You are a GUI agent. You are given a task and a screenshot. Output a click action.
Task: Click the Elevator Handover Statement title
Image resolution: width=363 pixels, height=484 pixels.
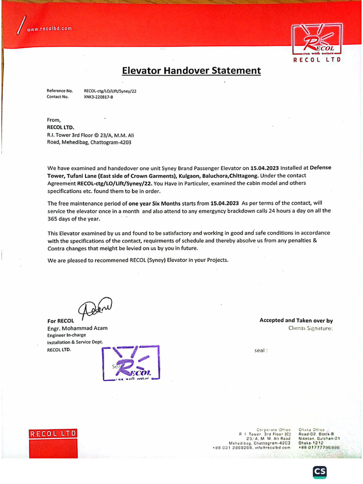click(x=191, y=71)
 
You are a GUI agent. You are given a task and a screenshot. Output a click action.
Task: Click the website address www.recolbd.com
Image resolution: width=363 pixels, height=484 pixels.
click(x=49, y=28)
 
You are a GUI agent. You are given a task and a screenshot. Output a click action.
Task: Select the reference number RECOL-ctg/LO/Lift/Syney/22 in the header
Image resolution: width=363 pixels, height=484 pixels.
click(x=110, y=90)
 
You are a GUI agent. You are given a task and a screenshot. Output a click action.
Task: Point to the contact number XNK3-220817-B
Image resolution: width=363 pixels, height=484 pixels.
click(x=98, y=96)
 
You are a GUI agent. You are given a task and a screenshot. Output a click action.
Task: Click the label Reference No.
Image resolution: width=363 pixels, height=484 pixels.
click(x=60, y=90)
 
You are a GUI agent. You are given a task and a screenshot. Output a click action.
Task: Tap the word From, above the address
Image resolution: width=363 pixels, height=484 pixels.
click(x=54, y=120)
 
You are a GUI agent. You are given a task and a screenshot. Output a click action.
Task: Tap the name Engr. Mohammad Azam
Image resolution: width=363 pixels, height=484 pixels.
click(x=77, y=328)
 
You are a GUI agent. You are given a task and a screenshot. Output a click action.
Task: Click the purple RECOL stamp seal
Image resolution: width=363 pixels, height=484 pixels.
click(x=131, y=363)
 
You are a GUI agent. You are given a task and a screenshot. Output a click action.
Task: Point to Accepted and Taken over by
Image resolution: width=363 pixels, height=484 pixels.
click(x=296, y=320)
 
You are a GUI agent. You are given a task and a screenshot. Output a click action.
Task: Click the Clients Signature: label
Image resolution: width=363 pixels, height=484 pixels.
click(x=311, y=328)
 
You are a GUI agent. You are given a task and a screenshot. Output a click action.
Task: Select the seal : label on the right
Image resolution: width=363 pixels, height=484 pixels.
click(x=261, y=351)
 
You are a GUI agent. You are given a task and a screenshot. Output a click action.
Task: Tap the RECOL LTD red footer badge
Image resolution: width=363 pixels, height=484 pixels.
click(x=53, y=434)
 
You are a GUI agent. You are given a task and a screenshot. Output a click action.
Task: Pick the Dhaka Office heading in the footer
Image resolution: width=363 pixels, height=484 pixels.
click(x=311, y=429)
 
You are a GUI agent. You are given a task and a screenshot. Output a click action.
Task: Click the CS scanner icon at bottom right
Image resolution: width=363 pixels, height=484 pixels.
click(x=320, y=471)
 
